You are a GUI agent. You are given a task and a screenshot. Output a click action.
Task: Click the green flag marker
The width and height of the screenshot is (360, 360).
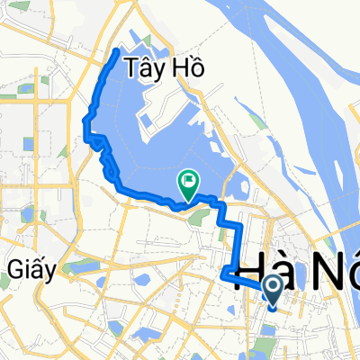(x=189, y=184)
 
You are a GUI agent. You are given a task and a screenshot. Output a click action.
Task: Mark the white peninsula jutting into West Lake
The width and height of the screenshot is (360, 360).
(x=171, y=117)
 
